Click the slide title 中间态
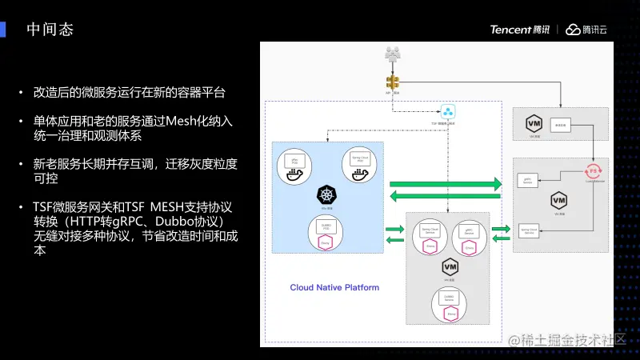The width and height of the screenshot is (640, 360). pyautogui.click(x=50, y=30)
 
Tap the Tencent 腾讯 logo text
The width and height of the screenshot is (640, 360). pyautogui.click(x=520, y=30)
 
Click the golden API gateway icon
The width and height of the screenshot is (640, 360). pyautogui.click(x=392, y=82)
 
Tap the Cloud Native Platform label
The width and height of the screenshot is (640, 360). pyautogui.click(x=334, y=287)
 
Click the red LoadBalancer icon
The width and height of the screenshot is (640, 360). pyautogui.click(x=593, y=170)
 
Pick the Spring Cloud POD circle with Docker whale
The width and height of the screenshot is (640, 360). pyautogui.click(x=359, y=165)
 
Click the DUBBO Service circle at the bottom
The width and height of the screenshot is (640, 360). pyautogui.click(x=450, y=302)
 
